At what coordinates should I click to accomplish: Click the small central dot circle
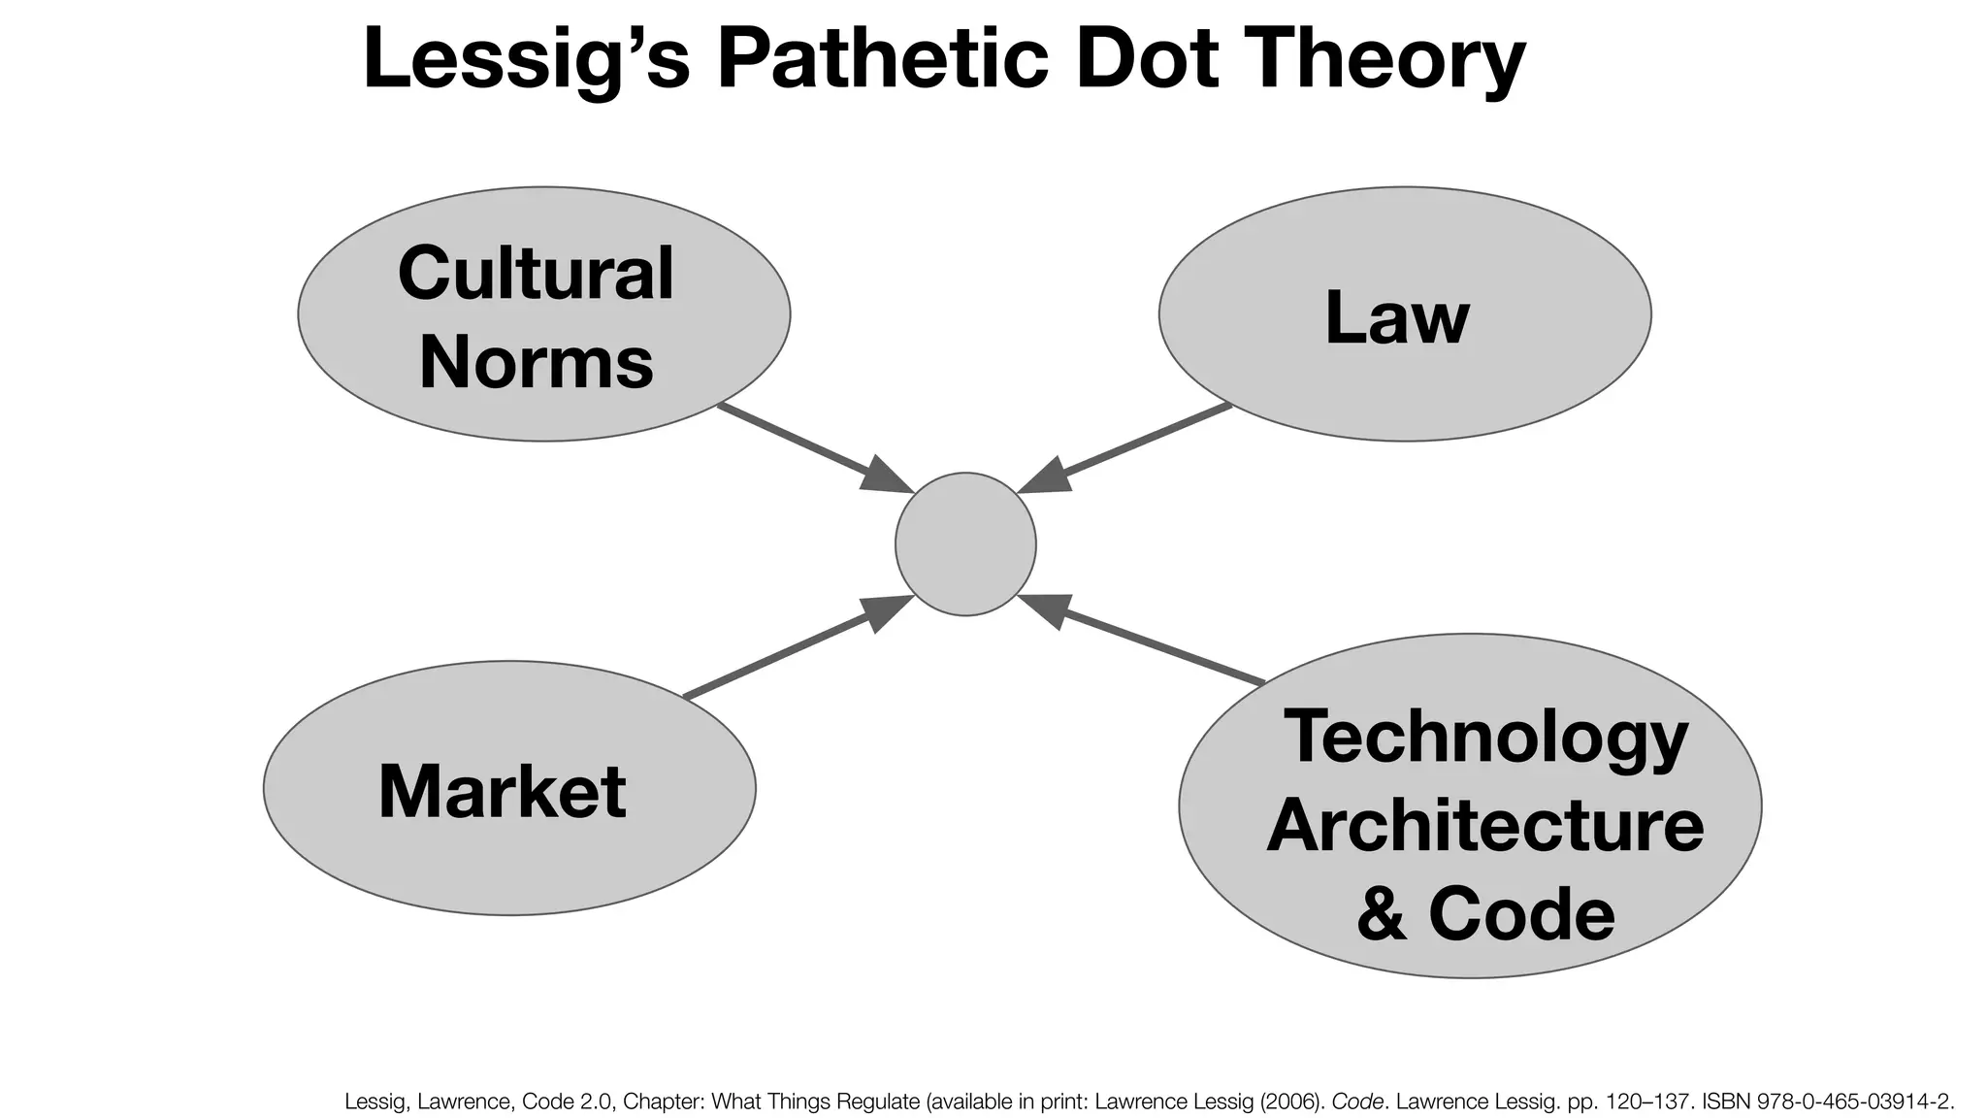click(965, 543)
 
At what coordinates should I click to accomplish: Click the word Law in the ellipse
click(1397, 317)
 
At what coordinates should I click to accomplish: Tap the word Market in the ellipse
click(502, 792)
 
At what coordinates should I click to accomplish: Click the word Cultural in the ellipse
click(536, 273)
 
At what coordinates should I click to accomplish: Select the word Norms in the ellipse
click(536, 362)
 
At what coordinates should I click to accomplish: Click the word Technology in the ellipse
click(1485, 738)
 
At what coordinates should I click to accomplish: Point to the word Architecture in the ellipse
click(1484, 826)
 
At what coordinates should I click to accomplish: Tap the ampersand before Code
click(1382, 915)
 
